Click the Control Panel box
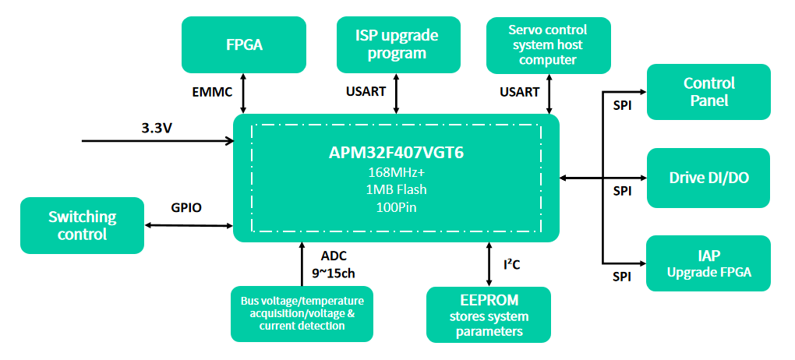[x=708, y=92]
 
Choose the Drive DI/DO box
[x=708, y=178]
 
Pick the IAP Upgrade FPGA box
[x=708, y=263]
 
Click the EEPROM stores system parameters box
[x=488, y=315]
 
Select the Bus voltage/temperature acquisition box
[x=302, y=314]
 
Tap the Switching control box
[x=82, y=225]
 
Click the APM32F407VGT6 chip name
[x=396, y=153]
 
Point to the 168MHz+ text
[x=396, y=172]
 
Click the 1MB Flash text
[x=396, y=189]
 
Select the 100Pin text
[x=396, y=206]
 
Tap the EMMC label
[x=212, y=92]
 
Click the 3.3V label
[x=157, y=126]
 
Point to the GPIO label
[x=186, y=209]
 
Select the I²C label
[x=511, y=265]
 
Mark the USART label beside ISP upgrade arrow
[x=366, y=92]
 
